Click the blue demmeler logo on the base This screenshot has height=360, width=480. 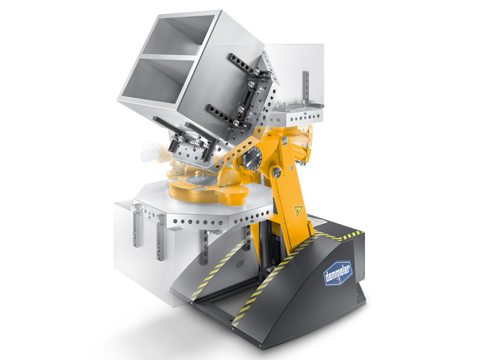pos(338,272)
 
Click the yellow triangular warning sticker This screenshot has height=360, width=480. pos(298,211)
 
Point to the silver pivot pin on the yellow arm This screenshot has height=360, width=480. pos(277,172)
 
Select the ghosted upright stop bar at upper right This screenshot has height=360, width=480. pos(306,86)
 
